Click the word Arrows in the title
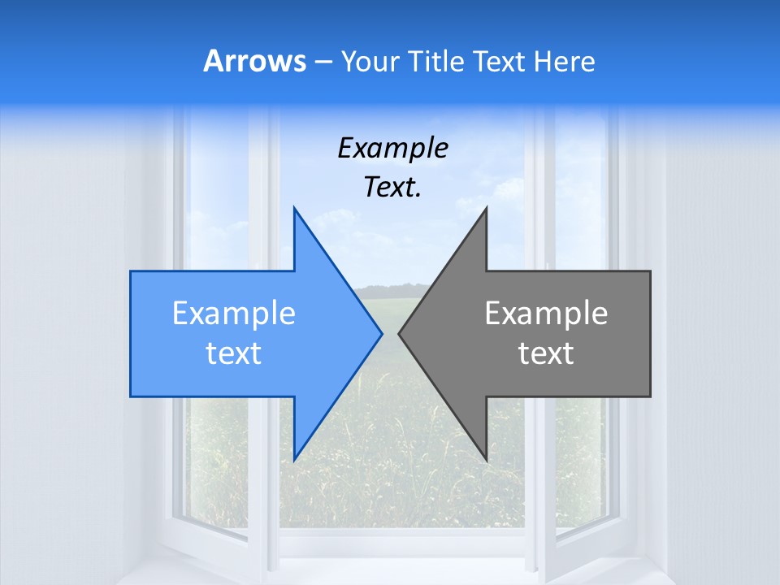[255, 62]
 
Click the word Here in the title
[564, 62]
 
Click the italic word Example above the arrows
[392, 149]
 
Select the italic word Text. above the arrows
[392, 188]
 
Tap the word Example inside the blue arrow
[234, 314]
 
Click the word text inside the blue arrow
[234, 353]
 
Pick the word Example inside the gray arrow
[546, 314]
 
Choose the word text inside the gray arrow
[546, 353]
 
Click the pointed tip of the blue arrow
[382, 334]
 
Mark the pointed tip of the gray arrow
[399, 334]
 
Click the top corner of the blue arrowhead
[294, 208]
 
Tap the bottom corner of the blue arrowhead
[294, 460]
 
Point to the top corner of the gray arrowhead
[486, 208]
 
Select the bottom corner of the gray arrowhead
[486, 460]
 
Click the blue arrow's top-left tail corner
[131, 271]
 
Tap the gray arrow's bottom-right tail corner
[650, 396]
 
